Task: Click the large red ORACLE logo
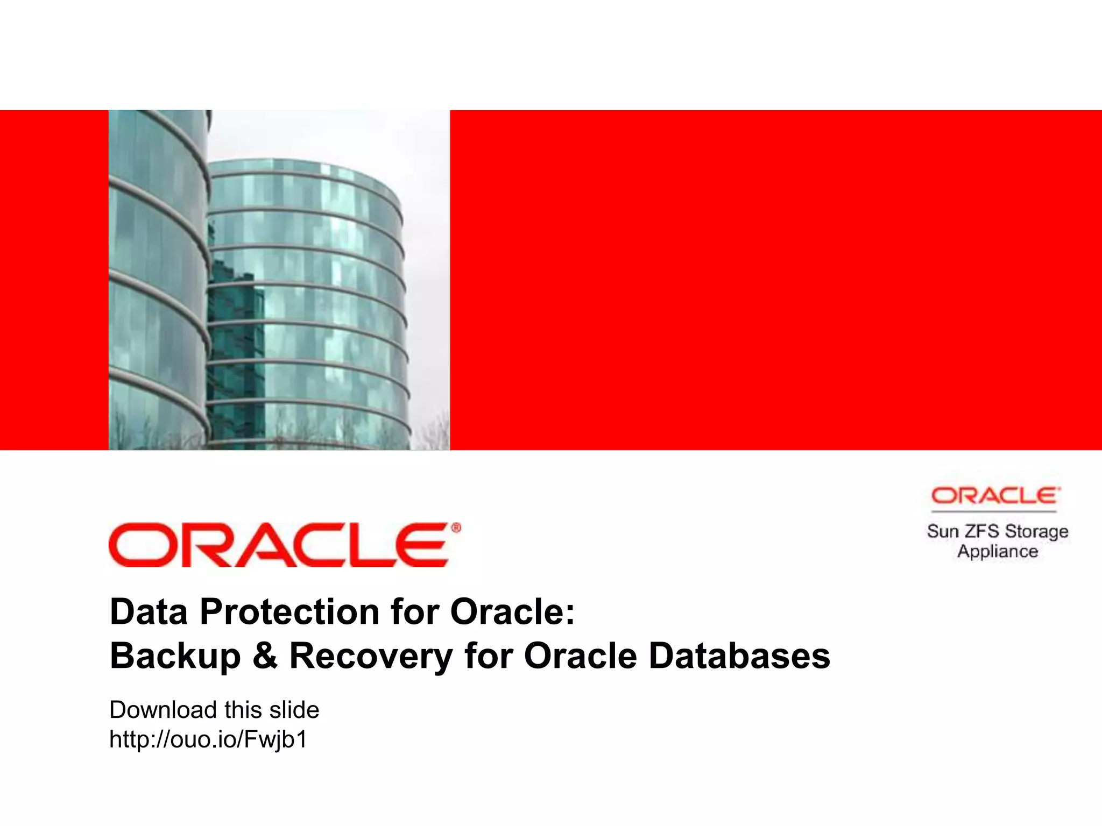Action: pos(279,545)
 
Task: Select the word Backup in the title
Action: pos(175,657)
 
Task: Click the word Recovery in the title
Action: pos(371,657)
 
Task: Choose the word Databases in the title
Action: pos(739,657)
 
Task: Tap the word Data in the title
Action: pos(149,612)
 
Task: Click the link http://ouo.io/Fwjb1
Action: pos(208,739)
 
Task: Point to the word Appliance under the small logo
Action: pos(997,552)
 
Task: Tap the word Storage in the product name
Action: pos(1036,531)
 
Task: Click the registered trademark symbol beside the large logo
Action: pos(456,528)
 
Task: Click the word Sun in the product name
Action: pos(943,531)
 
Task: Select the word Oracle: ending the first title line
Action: pos(512,612)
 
